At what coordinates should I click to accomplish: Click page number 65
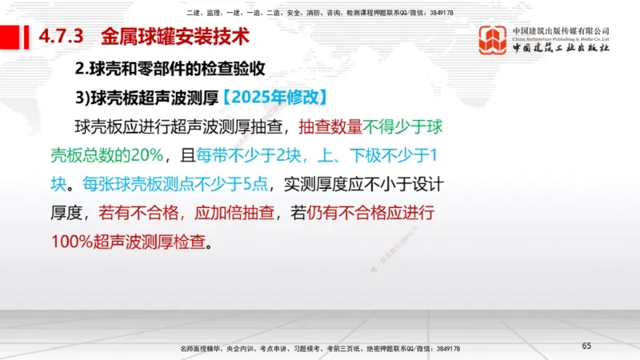tap(586, 346)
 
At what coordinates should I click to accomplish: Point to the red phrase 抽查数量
tap(330, 126)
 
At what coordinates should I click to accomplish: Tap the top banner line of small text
tap(319, 13)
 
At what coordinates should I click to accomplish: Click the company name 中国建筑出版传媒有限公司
tap(561, 31)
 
